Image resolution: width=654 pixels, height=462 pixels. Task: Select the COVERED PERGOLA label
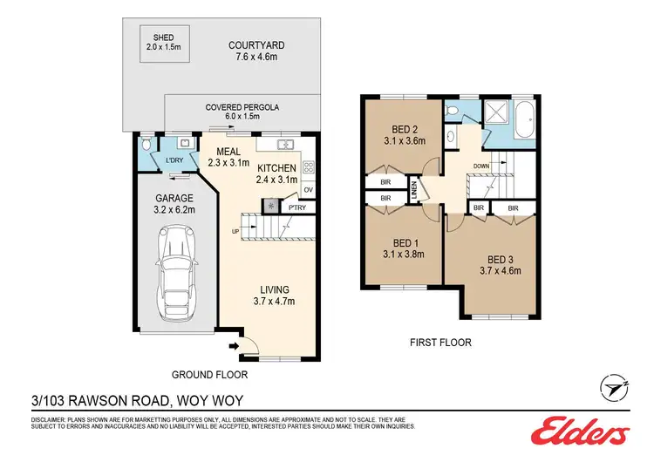coord(242,107)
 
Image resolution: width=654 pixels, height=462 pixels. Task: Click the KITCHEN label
coord(277,167)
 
